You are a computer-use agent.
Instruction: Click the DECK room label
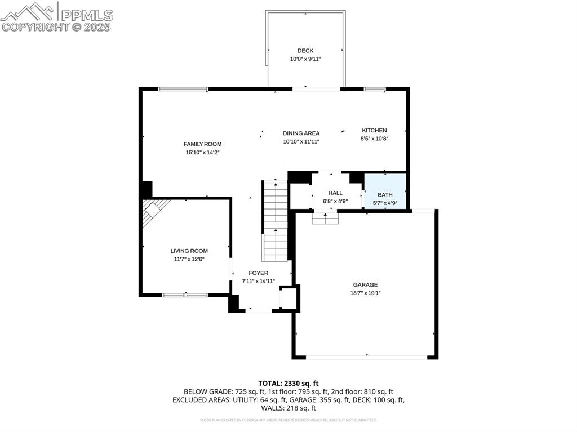click(x=305, y=51)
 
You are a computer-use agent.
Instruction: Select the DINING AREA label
click(x=301, y=133)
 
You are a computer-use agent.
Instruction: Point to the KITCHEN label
click(x=374, y=130)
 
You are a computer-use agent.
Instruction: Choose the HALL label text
click(x=335, y=193)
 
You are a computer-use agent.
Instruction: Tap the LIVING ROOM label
click(x=189, y=251)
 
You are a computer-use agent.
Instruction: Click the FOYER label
click(x=259, y=273)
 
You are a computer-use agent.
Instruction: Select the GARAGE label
click(x=365, y=284)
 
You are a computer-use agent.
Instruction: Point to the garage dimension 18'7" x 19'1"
click(x=365, y=292)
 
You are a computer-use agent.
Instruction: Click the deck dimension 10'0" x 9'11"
click(x=305, y=59)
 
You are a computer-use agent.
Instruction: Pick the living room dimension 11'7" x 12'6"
click(x=189, y=259)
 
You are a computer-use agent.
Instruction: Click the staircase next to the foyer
click(x=276, y=220)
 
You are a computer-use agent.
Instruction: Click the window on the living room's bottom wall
click(x=185, y=295)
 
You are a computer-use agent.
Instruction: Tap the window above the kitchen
click(x=375, y=89)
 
